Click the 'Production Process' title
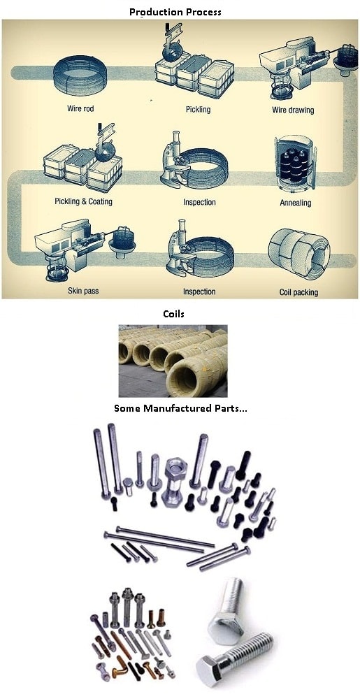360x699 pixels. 175,12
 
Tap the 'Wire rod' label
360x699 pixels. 80,108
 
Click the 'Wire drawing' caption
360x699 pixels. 293,109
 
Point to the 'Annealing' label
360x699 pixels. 296,203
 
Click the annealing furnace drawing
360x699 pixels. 294,162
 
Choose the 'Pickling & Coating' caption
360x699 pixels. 83,201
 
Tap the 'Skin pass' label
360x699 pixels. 83,291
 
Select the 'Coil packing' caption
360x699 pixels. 298,292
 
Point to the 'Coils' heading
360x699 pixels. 174,314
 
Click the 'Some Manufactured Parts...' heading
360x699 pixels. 180,408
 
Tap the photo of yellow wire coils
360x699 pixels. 173,361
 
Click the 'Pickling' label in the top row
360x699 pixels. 198,109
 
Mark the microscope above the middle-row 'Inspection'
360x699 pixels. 175,161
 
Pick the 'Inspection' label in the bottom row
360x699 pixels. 199,291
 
